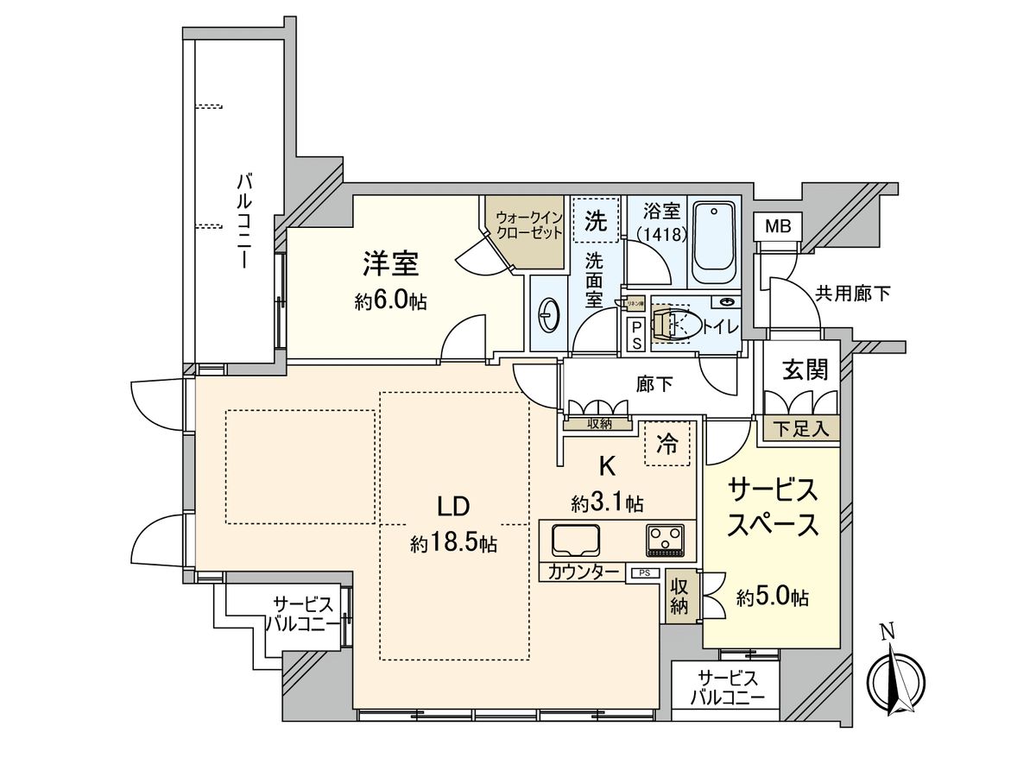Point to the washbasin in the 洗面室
pyautogui.click(x=547, y=314)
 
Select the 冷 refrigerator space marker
pyautogui.click(x=667, y=444)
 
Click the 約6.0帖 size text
pyautogui.click(x=390, y=301)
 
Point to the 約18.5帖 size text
pyautogui.click(x=453, y=544)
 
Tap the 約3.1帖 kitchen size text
pyautogui.click(x=607, y=502)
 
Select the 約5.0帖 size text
pyautogui.click(x=773, y=597)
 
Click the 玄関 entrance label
pyautogui.click(x=805, y=370)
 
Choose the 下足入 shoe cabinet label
pyautogui.click(x=799, y=428)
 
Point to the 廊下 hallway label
pyautogui.click(x=655, y=385)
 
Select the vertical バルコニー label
pyautogui.click(x=244, y=220)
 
